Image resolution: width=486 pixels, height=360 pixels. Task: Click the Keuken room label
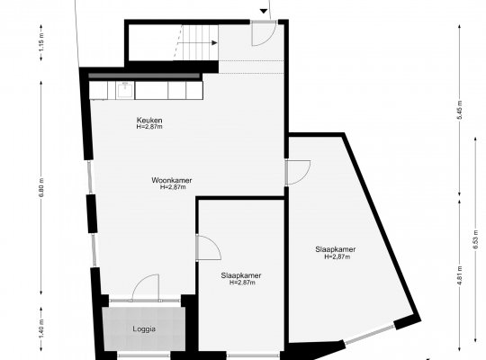click(149, 120)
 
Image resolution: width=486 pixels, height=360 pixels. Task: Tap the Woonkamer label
click(172, 180)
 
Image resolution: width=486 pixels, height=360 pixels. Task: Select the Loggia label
click(144, 329)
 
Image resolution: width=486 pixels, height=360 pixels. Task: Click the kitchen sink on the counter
click(125, 90)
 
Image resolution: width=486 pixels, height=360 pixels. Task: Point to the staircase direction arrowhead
click(214, 43)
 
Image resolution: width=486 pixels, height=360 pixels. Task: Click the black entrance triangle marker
click(264, 12)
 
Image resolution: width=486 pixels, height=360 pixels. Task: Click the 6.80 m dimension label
click(42, 187)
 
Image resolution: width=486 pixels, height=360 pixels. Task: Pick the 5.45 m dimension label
click(460, 110)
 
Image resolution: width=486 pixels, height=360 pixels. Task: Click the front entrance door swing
click(264, 33)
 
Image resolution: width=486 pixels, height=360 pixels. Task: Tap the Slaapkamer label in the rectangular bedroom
click(241, 275)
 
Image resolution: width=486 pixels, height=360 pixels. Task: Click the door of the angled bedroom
click(298, 173)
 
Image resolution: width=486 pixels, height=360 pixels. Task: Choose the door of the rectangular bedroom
click(209, 247)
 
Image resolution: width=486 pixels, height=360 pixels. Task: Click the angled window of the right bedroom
click(370, 334)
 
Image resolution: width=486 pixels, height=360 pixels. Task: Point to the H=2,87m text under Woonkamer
click(173, 187)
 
